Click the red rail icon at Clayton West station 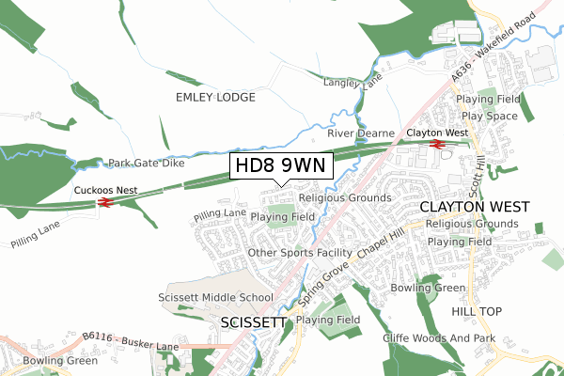[436, 145]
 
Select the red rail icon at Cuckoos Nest [105, 201]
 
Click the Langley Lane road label [352, 84]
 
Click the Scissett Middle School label [216, 297]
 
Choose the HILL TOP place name [477, 311]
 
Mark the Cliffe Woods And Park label [438, 337]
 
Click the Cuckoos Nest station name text [105, 190]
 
